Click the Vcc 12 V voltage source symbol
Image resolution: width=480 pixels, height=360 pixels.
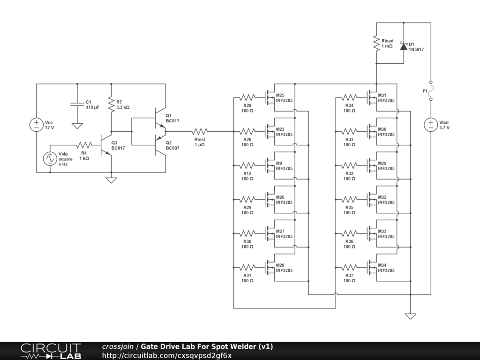pyautogui.click(x=37, y=125)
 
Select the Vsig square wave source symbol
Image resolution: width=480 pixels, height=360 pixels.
pyautogui.click(x=50, y=158)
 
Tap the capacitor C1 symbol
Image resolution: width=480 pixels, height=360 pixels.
pyautogui.click(x=77, y=104)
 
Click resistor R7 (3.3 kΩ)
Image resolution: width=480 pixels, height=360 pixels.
pyautogui.click(x=111, y=104)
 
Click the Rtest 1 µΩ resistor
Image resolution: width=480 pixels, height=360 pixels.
pyautogui.click(x=200, y=131)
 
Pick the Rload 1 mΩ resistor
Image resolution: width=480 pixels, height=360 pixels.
pyautogui.click(x=376, y=43)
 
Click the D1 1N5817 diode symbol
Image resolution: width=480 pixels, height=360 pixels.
pyautogui.click(x=403, y=46)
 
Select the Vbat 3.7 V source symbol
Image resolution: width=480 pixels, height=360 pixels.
pyautogui.click(x=431, y=125)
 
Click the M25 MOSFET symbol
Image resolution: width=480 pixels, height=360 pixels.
pyautogui.click(x=269, y=98)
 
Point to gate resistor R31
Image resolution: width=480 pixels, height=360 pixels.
pyautogui.click(x=247, y=267)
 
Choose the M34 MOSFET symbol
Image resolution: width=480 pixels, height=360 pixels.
pyautogui.click(x=371, y=268)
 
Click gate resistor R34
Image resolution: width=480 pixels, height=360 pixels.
pyautogui.click(x=349, y=97)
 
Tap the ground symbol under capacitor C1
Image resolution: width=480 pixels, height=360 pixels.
pyautogui.click(x=77, y=126)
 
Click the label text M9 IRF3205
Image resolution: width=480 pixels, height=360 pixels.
pyautogui.click(x=284, y=166)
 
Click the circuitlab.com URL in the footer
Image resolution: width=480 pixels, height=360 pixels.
pyautogui.click(x=166, y=355)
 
